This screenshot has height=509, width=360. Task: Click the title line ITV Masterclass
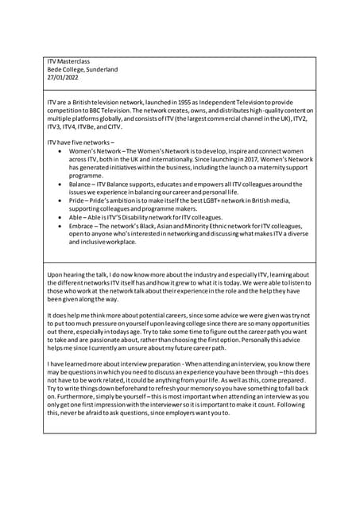tap(68, 60)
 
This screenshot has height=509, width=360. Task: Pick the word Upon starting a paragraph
tap(56, 275)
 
